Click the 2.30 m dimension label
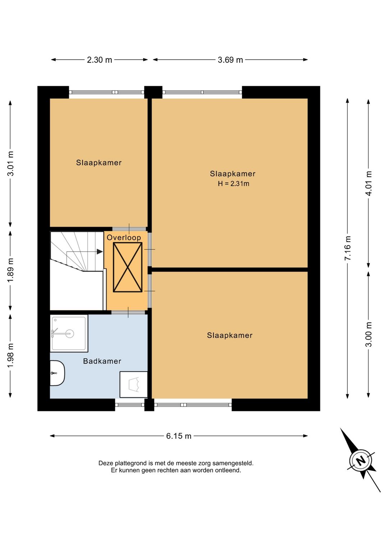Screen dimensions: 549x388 tap(99, 60)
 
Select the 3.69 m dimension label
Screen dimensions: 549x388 tap(230, 60)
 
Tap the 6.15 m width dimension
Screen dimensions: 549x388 tap(179, 436)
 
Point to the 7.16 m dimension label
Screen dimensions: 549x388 tap(348, 248)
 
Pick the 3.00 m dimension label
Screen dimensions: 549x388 tap(369, 335)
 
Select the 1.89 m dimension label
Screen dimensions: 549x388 tap(10, 270)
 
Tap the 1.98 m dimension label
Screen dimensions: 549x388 tap(10, 355)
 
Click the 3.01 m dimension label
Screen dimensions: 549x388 tap(10, 164)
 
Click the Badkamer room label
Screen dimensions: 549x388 tap(102, 361)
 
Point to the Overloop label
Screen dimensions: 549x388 tap(124, 237)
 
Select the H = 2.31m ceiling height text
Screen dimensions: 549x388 tap(234, 183)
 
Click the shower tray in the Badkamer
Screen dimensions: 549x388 tap(69, 334)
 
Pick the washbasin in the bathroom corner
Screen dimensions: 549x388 tap(134, 384)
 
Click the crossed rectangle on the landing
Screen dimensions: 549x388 tap(128, 267)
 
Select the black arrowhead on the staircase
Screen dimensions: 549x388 tap(100, 252)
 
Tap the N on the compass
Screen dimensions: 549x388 tap(361, 460)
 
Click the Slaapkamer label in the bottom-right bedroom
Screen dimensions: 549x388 tap(230, 335)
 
